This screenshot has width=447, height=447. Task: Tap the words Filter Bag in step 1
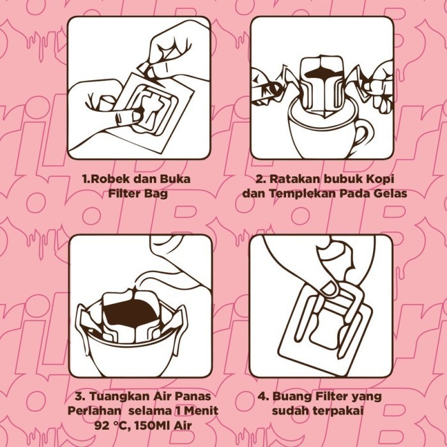pyautogui.click(x=138, y=193)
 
